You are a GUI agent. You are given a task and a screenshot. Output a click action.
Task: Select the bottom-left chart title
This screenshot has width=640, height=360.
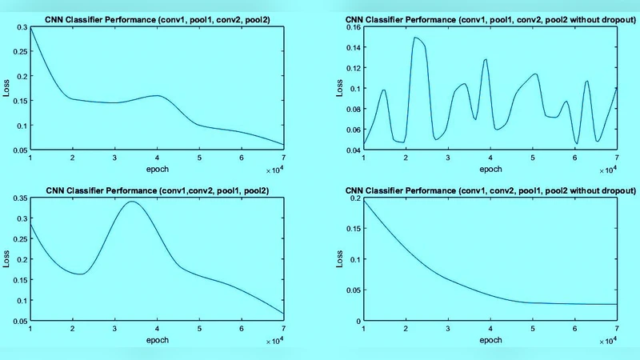(x=157, y=190)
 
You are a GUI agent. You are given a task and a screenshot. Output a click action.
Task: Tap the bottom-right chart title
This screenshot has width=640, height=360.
(x=490, y=190)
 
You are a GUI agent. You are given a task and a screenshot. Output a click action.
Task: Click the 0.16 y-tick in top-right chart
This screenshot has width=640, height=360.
(x=350, y=27)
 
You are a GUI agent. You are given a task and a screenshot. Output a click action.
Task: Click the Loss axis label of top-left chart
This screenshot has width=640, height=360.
(x=6, y=88)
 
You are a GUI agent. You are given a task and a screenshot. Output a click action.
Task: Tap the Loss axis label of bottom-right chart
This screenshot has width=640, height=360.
(x=339, y=259)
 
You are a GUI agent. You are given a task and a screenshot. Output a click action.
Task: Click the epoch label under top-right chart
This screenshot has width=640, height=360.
(x=490, y=170)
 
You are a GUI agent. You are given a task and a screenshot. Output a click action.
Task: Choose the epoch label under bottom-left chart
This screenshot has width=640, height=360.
(x=157, y=339)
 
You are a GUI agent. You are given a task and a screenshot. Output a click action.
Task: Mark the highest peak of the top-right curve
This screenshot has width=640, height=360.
(x=416, y=38)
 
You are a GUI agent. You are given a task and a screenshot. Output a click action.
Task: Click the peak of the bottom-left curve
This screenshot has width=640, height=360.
(x=132, y=202)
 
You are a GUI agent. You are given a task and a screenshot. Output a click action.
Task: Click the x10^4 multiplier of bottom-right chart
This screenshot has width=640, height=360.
(x=607, y=342)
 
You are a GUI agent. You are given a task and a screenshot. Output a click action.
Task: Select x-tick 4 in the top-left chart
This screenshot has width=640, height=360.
(x=157, y=158)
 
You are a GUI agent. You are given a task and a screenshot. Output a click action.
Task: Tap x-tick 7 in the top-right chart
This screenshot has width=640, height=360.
(x=617, y=158)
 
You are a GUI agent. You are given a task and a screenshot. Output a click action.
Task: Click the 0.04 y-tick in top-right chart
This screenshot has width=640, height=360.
(x=350, y=150)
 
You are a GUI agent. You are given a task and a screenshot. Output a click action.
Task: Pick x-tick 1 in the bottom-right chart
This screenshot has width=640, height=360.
(x=363, y=329)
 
